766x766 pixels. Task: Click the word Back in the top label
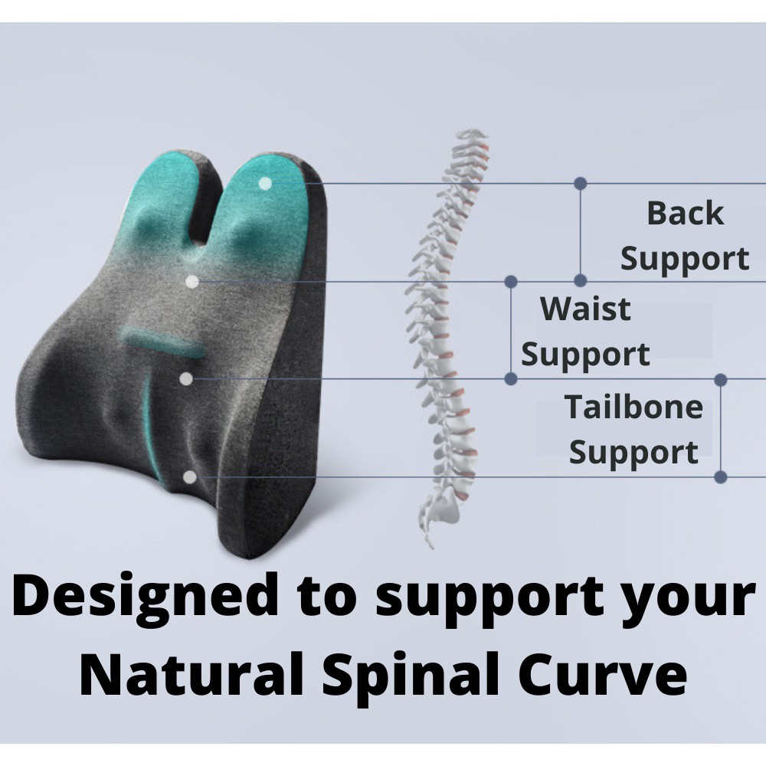[x=685, y=213]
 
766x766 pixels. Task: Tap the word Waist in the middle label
[x=585, y=309]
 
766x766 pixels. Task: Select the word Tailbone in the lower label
[x=633, y=407]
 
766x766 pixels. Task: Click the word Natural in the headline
[x=192, y=674]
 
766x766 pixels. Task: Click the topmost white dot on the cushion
[x=265, y=184]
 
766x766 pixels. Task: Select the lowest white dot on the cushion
[x=190, y=477]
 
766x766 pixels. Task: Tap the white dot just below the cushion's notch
[x=192, y=281]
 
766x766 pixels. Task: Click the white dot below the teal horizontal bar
[x=185, y=378]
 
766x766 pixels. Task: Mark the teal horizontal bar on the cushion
[x=162, y=342]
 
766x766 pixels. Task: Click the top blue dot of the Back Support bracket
[x=581, y=183]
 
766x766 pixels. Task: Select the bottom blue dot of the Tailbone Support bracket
[x=721, y=477]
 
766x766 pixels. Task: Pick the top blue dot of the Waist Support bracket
[x=511, y=281]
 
